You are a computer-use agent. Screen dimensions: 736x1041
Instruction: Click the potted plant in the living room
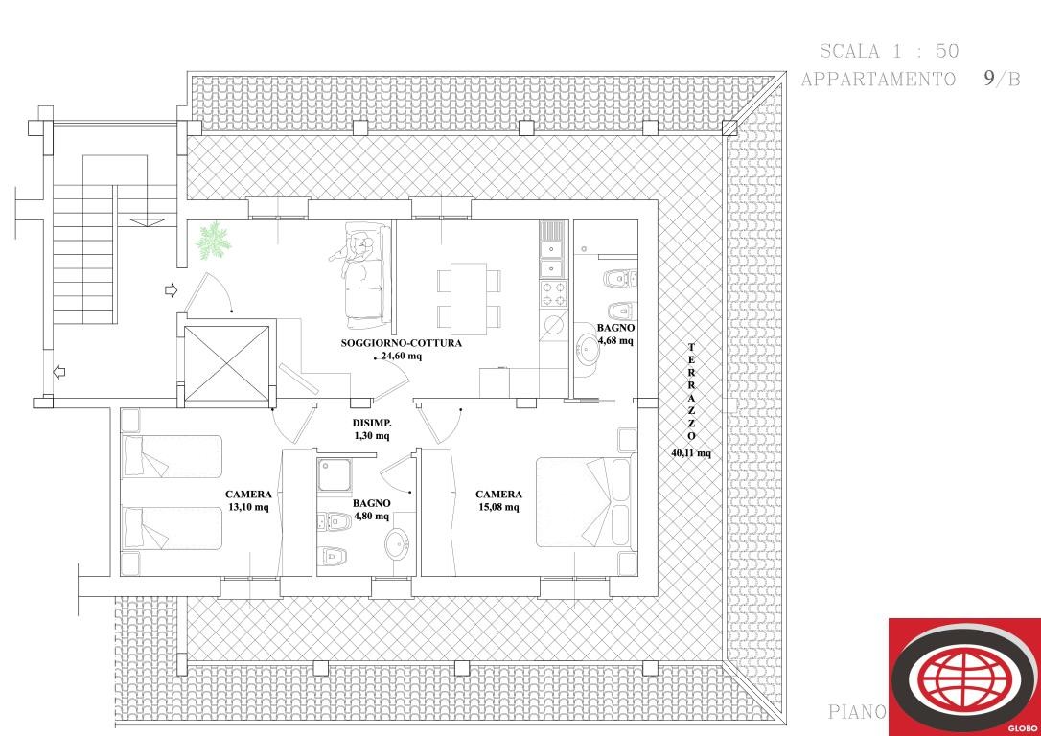(x=213, y=240)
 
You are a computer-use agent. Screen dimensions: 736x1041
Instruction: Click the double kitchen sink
(x=551, y=251)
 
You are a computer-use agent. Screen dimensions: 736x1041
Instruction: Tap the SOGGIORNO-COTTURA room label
(x=402, y=342)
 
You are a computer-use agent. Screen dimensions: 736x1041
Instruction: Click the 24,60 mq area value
(x=402, y=356)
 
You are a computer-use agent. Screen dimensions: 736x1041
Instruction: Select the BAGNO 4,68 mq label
(x=615, y=333)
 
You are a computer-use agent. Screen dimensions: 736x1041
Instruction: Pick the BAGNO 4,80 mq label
(x=371, y=509)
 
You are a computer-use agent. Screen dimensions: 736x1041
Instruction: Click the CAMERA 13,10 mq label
(x=248, y=501)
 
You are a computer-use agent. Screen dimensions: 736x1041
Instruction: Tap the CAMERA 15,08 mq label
(x=499, y=501)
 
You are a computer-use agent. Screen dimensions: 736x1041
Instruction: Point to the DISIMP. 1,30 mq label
(x=371, y=428)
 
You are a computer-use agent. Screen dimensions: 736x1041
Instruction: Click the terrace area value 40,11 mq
(x=691, y=453)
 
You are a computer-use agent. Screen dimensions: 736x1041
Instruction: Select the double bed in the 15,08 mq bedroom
(x=585, y=502)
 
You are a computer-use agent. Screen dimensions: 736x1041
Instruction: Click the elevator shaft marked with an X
(x=227, y=364)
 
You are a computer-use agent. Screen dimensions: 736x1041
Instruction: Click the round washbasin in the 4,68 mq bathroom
(x=588, y=350)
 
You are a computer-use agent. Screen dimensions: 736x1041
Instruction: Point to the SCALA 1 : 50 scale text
(x=889, y=51)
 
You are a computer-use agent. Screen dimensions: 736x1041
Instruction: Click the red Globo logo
(x=963, y=677)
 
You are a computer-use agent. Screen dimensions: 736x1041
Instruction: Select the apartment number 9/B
(x=1001, y=79)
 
